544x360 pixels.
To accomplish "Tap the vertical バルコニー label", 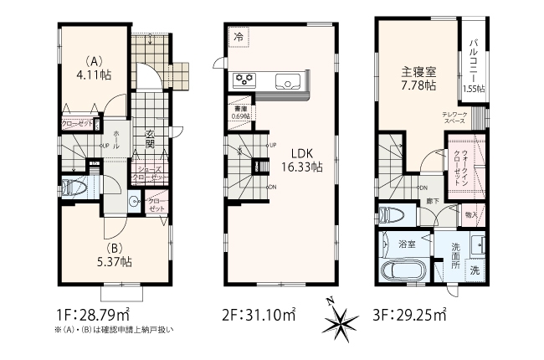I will point(473,54).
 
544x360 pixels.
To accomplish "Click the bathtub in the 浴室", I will point(405,272).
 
